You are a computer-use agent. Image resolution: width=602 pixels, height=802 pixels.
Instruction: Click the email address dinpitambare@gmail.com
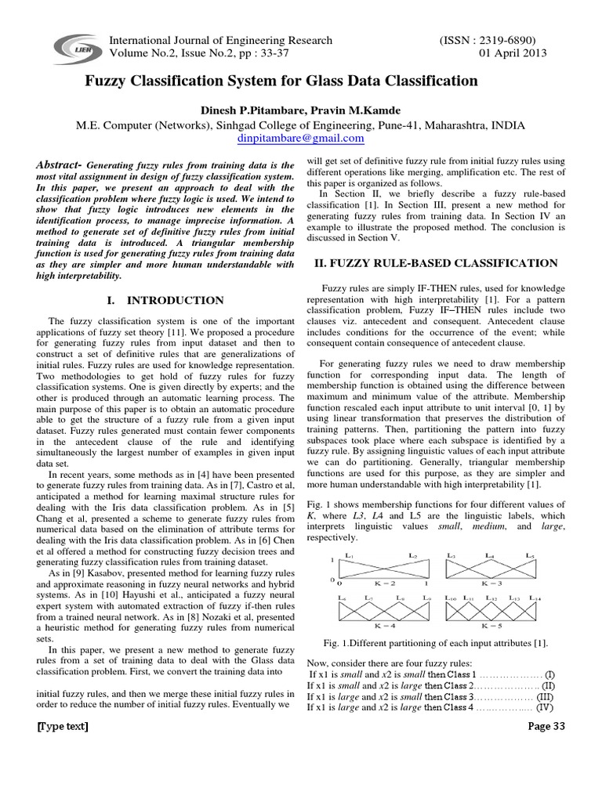click(301, 138)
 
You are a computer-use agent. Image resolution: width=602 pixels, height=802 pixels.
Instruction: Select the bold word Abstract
click(60, 166)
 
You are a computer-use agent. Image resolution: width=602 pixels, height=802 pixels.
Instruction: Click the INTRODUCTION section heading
click(165, 300)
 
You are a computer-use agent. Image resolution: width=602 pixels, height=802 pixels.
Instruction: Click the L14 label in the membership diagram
click(535, 598)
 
